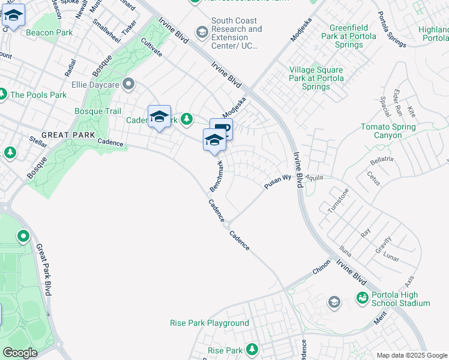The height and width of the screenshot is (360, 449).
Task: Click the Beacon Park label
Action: [49, 32]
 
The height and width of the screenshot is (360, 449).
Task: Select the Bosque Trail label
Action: [97, 111]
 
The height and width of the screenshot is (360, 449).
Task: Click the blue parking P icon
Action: [221, 128]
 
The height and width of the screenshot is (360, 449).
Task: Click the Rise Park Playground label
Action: [208, 323]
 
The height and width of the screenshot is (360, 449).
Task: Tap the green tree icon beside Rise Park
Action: [252, 349]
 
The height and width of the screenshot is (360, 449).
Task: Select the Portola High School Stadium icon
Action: [362, 298]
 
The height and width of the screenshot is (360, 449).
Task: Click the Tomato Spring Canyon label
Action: [388, 131]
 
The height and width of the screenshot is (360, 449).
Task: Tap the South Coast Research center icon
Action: [202, 31]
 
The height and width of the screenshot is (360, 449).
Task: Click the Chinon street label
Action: [321, 266]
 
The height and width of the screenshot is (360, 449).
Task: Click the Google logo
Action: [20, 352]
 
